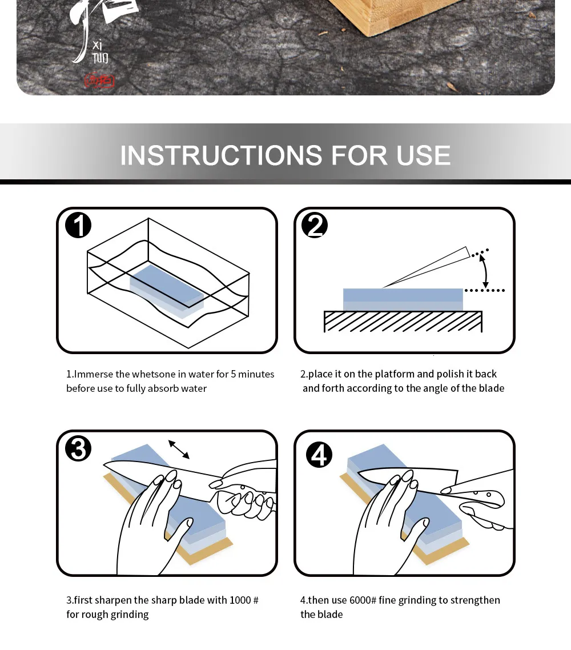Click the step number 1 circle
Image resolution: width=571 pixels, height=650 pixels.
tap(78, 225)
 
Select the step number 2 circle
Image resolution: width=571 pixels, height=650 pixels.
tap(315, 226)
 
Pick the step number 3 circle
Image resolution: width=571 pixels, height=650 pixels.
tap(78, 448)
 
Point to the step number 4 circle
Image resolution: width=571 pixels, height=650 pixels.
tap(319, 455)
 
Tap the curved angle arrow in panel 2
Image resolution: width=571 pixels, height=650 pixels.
tap(485, 271)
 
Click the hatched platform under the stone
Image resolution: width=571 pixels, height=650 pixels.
tap(403, 322)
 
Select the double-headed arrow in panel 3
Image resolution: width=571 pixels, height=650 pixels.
tap(179, 449)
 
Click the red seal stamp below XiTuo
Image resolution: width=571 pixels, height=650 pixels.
tap(99, 81)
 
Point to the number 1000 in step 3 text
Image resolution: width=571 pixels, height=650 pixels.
tap(240, 600)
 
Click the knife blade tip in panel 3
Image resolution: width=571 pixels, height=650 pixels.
tap(106, 466)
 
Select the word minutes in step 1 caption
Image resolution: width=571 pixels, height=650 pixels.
tap(256, 374)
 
